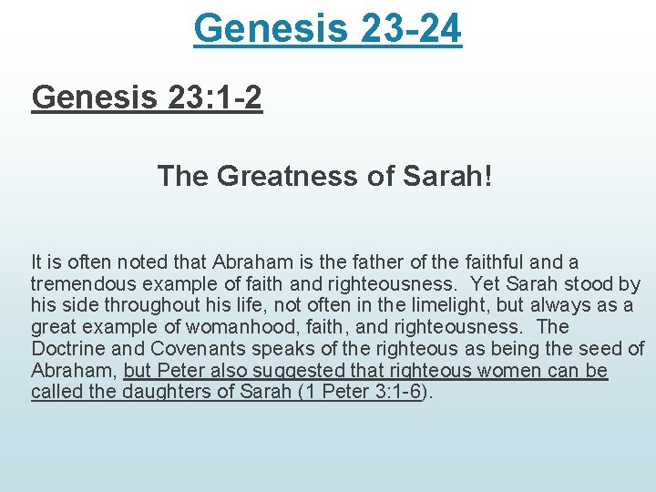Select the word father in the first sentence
click(361, 262)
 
